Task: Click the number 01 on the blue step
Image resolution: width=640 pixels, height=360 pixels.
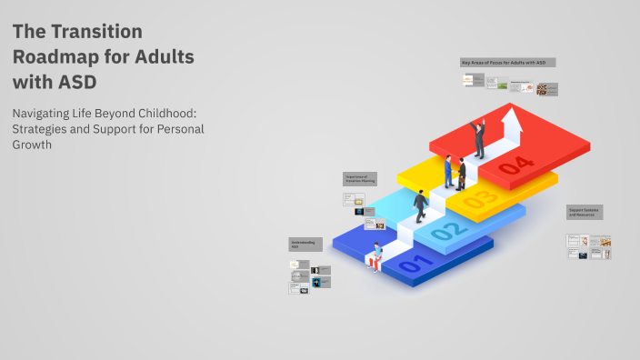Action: (x=412, y=265)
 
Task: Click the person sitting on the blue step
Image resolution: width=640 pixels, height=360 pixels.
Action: (x=376, y=257)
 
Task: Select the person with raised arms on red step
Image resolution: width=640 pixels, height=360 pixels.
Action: (x=478, y=139)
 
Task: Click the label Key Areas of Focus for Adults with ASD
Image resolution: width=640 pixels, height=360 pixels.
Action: (x=507, y=62)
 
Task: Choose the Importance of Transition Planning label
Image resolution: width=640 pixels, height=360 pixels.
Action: (x=360, y=178)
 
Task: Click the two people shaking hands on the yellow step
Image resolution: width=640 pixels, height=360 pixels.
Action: (x=455, y=172)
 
